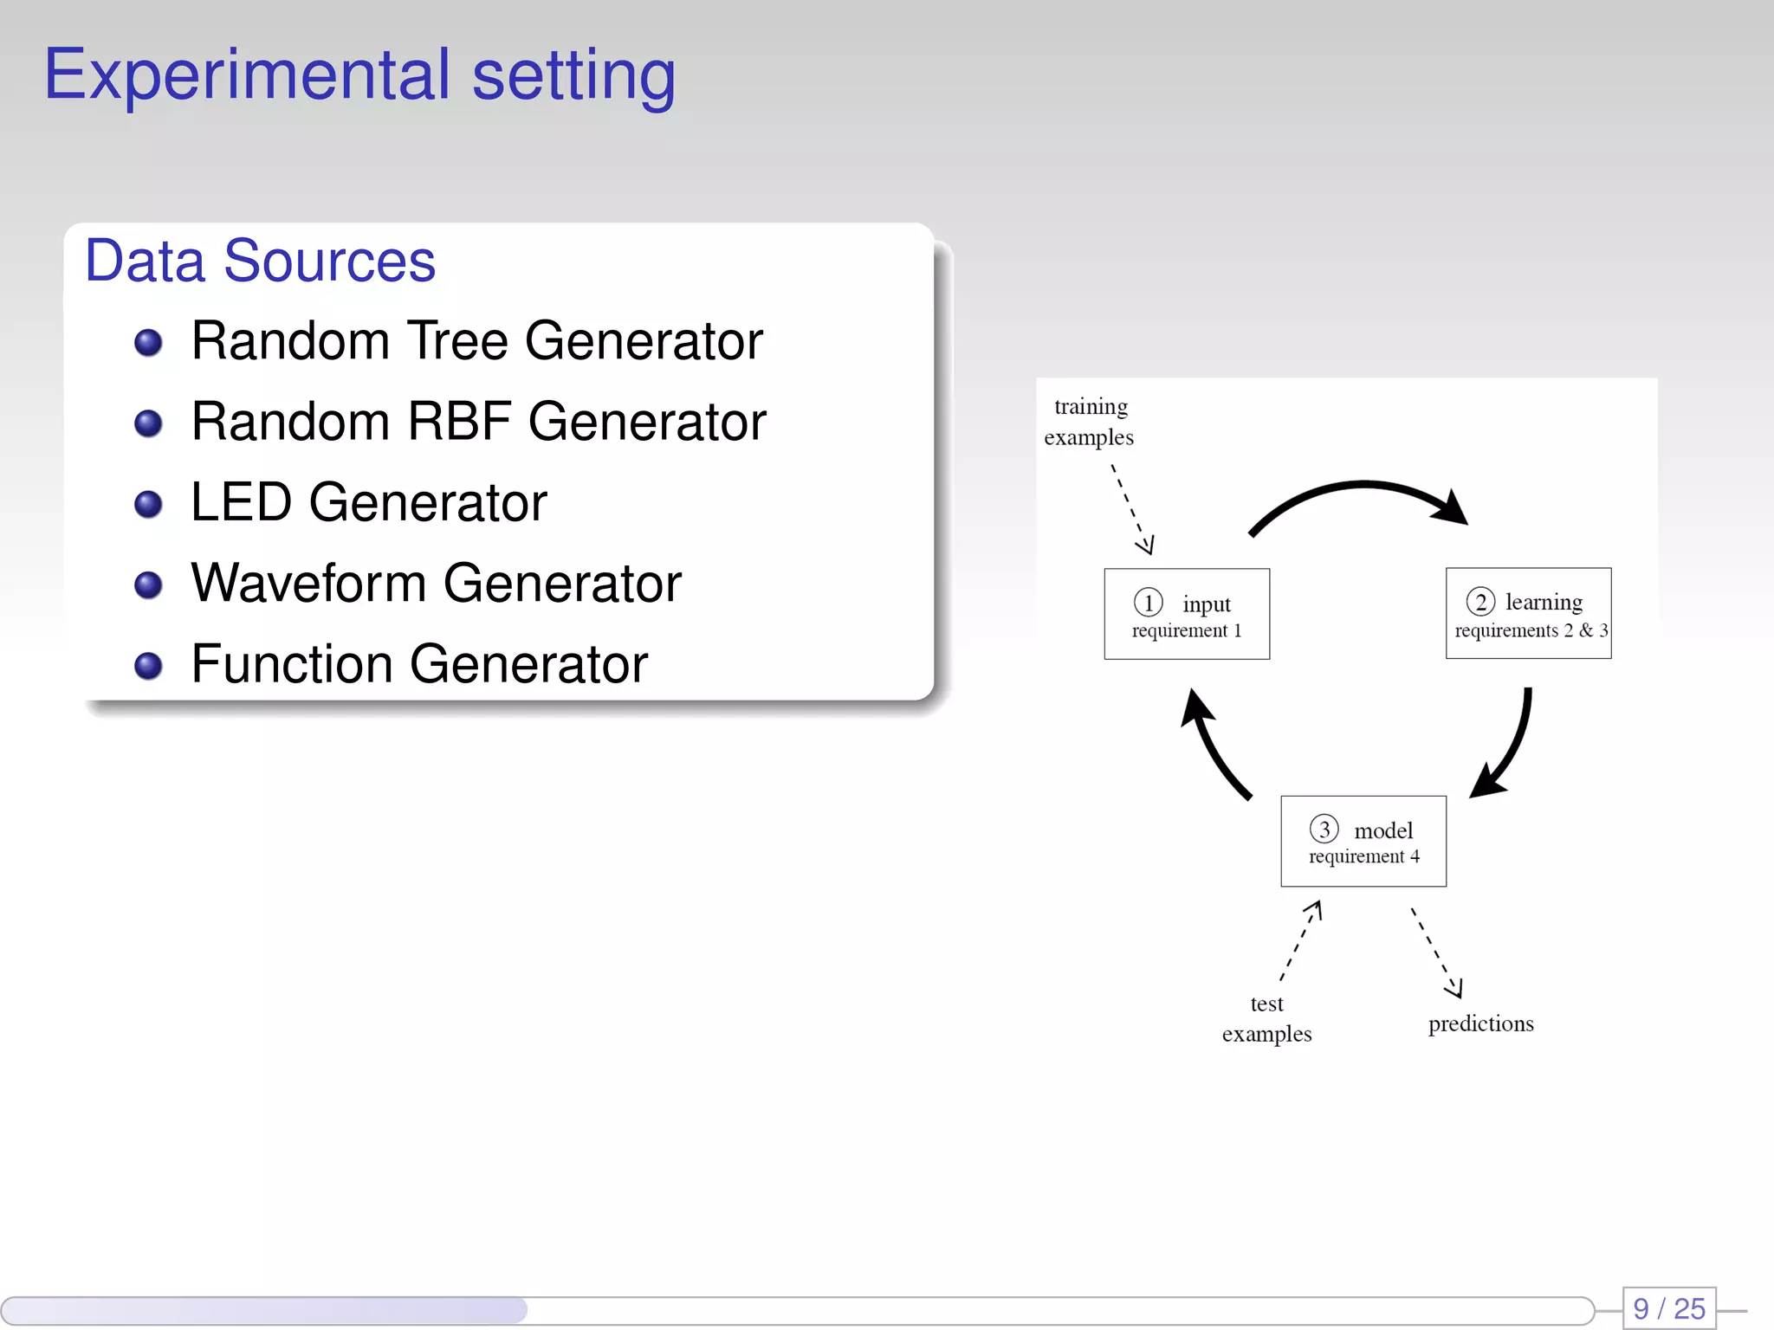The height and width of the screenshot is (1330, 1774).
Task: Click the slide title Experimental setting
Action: [x=359, y=76]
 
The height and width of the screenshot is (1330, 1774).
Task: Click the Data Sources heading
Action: [x=260, y=261]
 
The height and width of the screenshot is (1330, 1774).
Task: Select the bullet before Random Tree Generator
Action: [x=148, y=343]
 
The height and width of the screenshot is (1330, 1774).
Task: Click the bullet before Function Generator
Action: [x=148, y=666]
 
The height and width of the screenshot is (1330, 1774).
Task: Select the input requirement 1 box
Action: [x=1186, y=614]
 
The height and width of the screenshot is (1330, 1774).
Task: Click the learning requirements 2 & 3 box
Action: [x=1528, y=614]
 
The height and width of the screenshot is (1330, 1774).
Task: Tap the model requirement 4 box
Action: [x=1363, y=841]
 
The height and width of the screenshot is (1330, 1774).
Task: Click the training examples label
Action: [x=1089, y=422]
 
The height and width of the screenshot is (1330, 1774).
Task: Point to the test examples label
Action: [x=1266, y=1019]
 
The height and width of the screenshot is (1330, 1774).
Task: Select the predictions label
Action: [x=1480, y=1024]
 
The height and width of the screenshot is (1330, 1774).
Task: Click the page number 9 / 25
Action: [x=1668, y=1308]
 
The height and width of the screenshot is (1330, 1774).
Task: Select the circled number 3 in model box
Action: [x=1324, y=829]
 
